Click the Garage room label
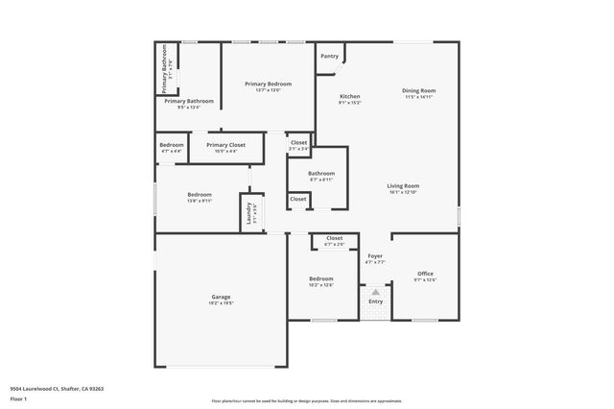coord(222,298)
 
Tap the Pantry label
coord(330,57)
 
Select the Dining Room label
coord(418,91)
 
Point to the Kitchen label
coord(350,97)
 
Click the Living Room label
coord(403,186)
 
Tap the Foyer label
coord(375,256)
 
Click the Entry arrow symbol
coord(375,293)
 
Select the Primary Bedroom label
coord(268,84)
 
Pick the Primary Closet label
coord(225,145)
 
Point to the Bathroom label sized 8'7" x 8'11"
coord(321,174)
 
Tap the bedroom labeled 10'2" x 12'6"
coord(321,279)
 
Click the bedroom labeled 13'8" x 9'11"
coord(200,195)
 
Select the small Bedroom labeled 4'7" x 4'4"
coord(172,145)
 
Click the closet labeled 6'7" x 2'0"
coord(334,238)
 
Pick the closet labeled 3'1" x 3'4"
coord(299,143)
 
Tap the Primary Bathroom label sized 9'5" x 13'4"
coord(188,102)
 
